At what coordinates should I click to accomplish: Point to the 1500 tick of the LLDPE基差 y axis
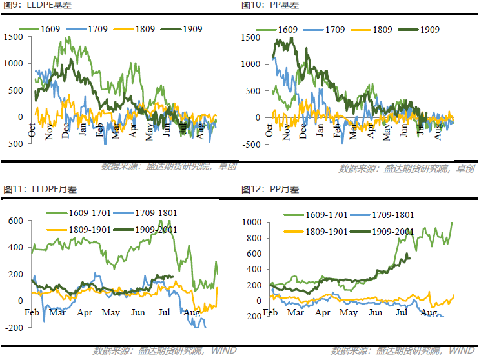(x=13, y=37)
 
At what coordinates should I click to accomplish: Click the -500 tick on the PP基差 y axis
(x=252, y=144)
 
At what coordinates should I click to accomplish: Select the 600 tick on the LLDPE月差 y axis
(x=16, y=221)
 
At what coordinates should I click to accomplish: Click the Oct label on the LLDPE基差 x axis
(x=32, y=130)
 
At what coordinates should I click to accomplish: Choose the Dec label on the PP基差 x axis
(x=303, y=130)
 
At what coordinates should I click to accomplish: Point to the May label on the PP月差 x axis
(x=349, y=313)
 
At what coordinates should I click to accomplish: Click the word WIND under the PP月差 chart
(x=461, y=351)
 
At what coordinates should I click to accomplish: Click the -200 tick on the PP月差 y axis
(x=252, y=316)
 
